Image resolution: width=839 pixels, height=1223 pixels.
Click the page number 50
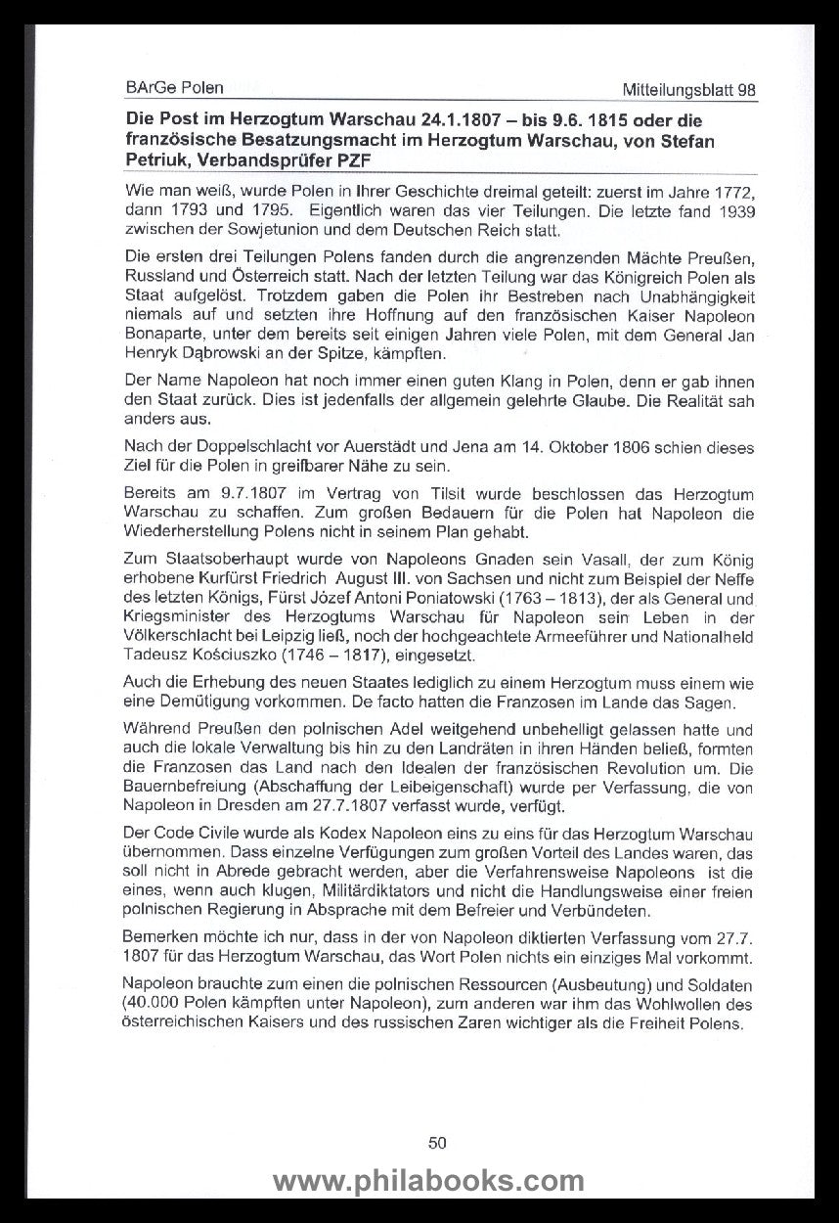437,1142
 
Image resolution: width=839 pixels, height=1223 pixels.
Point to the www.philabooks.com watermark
428,1181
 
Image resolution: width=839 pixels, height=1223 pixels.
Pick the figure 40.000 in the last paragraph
153,1003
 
